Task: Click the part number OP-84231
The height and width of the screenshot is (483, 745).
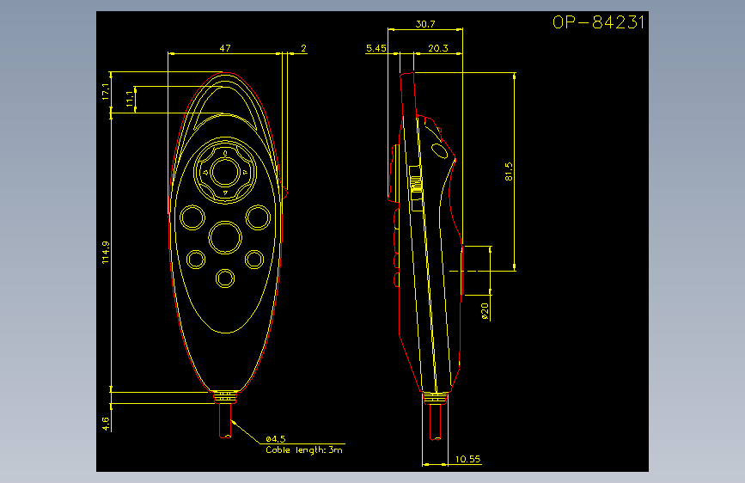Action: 598,22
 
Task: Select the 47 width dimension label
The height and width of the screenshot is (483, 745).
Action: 225,48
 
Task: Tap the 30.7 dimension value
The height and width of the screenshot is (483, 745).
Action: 424,24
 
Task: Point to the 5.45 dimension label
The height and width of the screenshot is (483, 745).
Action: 376,48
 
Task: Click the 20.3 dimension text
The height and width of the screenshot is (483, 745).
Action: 437,48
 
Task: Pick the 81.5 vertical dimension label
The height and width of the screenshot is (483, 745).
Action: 509,172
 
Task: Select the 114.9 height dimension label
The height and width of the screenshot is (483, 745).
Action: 106,252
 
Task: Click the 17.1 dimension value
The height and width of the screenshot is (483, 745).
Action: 106,91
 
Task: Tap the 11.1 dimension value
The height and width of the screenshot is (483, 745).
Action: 130,99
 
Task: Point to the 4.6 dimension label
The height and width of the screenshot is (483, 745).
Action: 106,424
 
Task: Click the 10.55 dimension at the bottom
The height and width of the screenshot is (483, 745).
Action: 467,459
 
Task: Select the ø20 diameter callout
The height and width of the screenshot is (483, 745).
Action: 485,311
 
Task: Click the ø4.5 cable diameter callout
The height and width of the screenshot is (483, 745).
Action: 276,439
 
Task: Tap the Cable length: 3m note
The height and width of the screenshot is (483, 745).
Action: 303,449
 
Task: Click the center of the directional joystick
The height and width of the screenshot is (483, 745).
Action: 225,172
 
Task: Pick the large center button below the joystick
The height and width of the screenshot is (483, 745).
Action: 225,237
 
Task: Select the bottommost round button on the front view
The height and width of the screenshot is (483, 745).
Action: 225,278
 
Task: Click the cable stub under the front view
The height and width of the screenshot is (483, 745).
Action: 225,419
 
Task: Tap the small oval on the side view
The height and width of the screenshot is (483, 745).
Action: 439,150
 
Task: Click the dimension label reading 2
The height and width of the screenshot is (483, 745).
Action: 303,48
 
